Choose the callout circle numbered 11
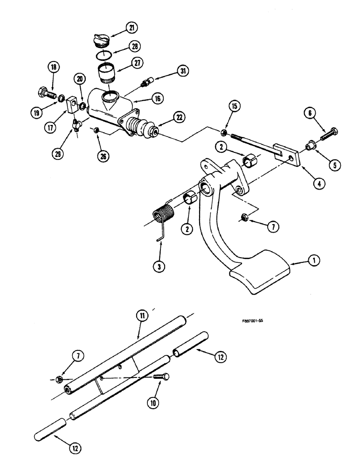pos(141,315)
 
